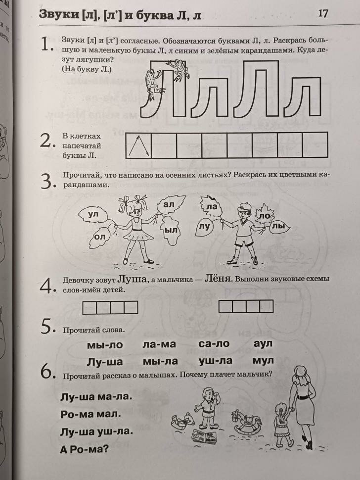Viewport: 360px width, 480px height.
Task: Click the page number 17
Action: coord(323,13)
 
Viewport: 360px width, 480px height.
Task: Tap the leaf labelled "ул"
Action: coord(93,214)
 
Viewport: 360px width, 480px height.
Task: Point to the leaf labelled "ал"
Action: coord(170,204)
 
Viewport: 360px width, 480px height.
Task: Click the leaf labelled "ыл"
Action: coord(171,231)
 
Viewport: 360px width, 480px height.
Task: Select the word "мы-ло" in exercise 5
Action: coord(104,345)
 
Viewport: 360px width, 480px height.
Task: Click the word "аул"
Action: coord(262,343)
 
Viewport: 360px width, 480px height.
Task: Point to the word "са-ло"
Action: coord(214,344)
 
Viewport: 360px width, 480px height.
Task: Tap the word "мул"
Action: coord(263,361)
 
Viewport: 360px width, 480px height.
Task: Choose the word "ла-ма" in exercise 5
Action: coord(159,345)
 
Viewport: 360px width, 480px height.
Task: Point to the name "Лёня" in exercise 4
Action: coord(218,279)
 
